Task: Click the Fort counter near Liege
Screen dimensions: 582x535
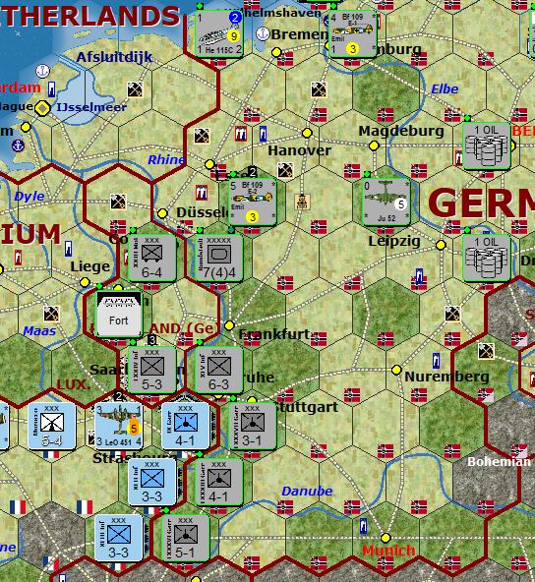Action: point(118,314)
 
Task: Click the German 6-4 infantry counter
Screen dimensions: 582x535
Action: point(152,257)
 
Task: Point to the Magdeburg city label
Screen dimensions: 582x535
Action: point(400,131)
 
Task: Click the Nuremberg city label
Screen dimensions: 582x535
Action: point(446,377)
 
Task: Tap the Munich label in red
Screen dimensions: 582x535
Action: point(388,552)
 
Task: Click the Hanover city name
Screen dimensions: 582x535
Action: point(299,150)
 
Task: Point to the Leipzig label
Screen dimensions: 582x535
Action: point(393,241)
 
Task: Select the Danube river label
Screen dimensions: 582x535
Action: point(307,491)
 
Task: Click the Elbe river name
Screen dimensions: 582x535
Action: point(444,89)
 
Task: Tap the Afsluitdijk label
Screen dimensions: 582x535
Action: point(115,57)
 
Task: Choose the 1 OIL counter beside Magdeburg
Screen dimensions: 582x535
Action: point(486,145)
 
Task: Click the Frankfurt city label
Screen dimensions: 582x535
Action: point(274,334)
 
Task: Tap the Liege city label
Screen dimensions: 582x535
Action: point(90,266)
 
